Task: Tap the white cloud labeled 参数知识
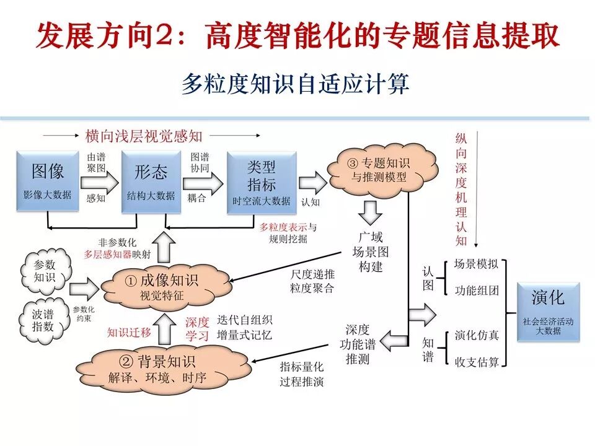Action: tap(45, 271)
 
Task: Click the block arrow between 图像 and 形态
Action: tap(102, 181)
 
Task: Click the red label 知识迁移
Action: tap(129, 332)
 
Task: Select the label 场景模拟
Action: tap(477, 263)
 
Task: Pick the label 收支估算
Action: tap(477, 362)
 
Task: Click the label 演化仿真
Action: tap(477, 335)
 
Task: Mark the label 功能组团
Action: tap(477, 290)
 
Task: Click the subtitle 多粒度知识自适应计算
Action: tap(296, 84)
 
